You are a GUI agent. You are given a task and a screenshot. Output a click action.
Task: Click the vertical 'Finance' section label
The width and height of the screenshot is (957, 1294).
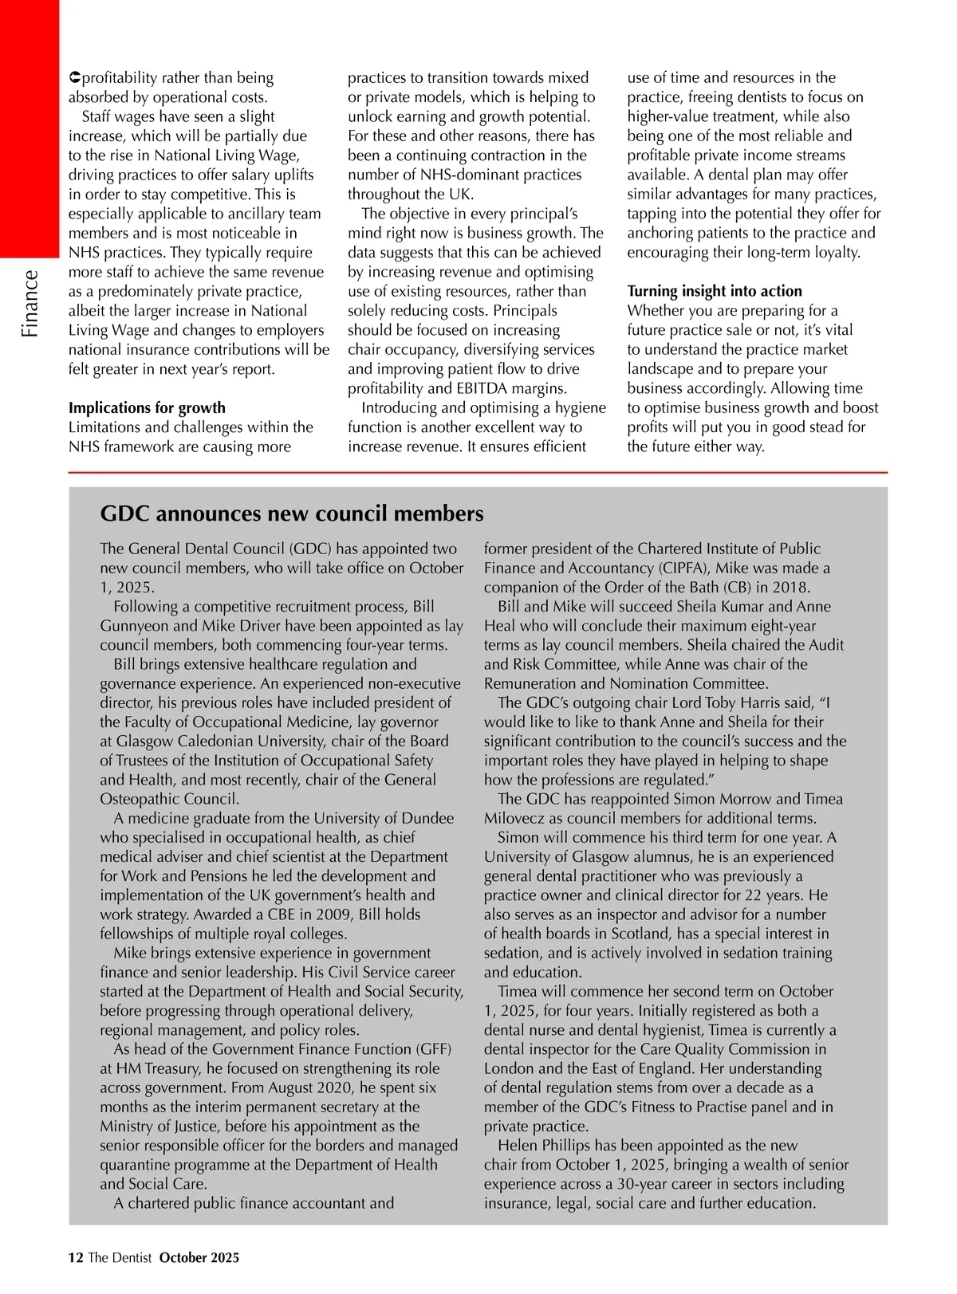pos(30,304)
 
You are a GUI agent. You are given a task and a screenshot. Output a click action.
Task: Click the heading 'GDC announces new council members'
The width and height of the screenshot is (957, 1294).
pos(292,513)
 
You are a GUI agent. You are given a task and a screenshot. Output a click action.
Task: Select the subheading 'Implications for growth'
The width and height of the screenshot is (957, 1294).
pos(147,408)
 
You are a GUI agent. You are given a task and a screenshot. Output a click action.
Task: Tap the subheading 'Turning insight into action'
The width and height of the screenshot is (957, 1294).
pos(715,291)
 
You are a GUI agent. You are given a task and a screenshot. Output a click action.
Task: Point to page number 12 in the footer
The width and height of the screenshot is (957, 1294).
pos(76,1258)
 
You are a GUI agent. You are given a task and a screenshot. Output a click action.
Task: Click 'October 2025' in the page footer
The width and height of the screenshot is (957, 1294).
pos(199,1258)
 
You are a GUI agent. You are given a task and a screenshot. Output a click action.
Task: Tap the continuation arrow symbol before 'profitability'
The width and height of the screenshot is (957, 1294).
pos(74,78)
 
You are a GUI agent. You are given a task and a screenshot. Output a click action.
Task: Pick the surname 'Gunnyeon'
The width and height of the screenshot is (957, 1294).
pos(136,626)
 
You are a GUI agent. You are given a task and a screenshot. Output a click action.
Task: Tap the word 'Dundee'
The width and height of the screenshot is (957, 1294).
pos(427,819)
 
